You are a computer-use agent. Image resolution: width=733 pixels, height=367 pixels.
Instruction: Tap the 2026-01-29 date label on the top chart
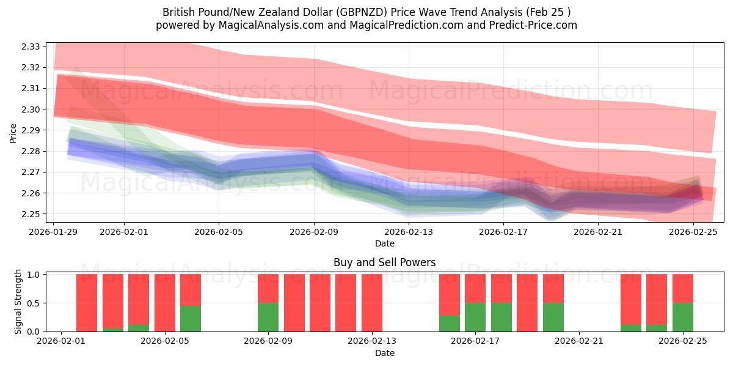click(x=54, y=232)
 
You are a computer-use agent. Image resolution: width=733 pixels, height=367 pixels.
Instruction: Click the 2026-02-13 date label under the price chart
click(x=408, y=232)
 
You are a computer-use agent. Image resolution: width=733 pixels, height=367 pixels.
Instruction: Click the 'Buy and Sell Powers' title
click(x=384, y=262)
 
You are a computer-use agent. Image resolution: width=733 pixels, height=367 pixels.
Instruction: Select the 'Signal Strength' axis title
click(x=18, y=302)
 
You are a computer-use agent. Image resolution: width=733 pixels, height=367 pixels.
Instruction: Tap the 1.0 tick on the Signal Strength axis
click(x=34, y=275)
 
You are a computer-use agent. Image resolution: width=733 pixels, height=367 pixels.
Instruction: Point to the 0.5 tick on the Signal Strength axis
click(x=34, y=303)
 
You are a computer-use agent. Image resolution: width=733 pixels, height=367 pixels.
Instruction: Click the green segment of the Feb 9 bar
click(x=268, y=317)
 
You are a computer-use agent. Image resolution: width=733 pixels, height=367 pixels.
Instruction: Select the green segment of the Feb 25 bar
click(x=682, y=317)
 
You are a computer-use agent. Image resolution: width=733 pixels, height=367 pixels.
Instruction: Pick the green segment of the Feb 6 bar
click(x=191, y=318)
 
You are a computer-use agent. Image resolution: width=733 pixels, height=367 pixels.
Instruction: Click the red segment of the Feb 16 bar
click(x=450, y=294)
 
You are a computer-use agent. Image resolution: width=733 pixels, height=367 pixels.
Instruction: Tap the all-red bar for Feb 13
click(x=372, y=303)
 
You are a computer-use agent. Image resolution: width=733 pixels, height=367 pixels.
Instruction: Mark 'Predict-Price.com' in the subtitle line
click(x=536, y=25)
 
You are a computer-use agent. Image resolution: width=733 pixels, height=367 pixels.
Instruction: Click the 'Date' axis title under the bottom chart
click(x=384, y=353)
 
